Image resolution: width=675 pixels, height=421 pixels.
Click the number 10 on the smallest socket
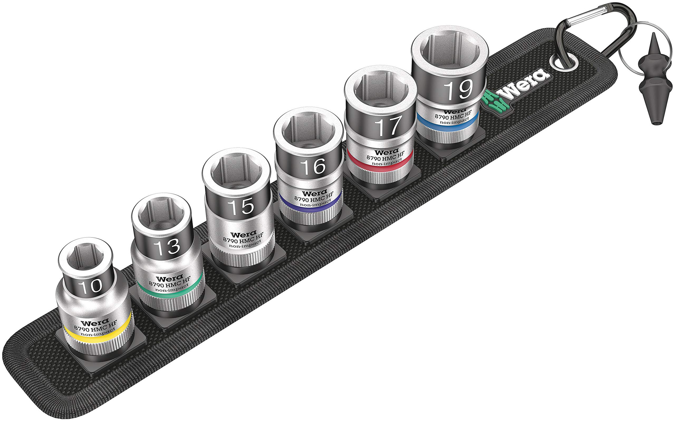[x=90, y=286]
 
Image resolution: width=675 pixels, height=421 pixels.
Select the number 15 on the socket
[x=241, y=207]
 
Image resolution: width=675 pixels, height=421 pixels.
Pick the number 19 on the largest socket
[x=458, y=90]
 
